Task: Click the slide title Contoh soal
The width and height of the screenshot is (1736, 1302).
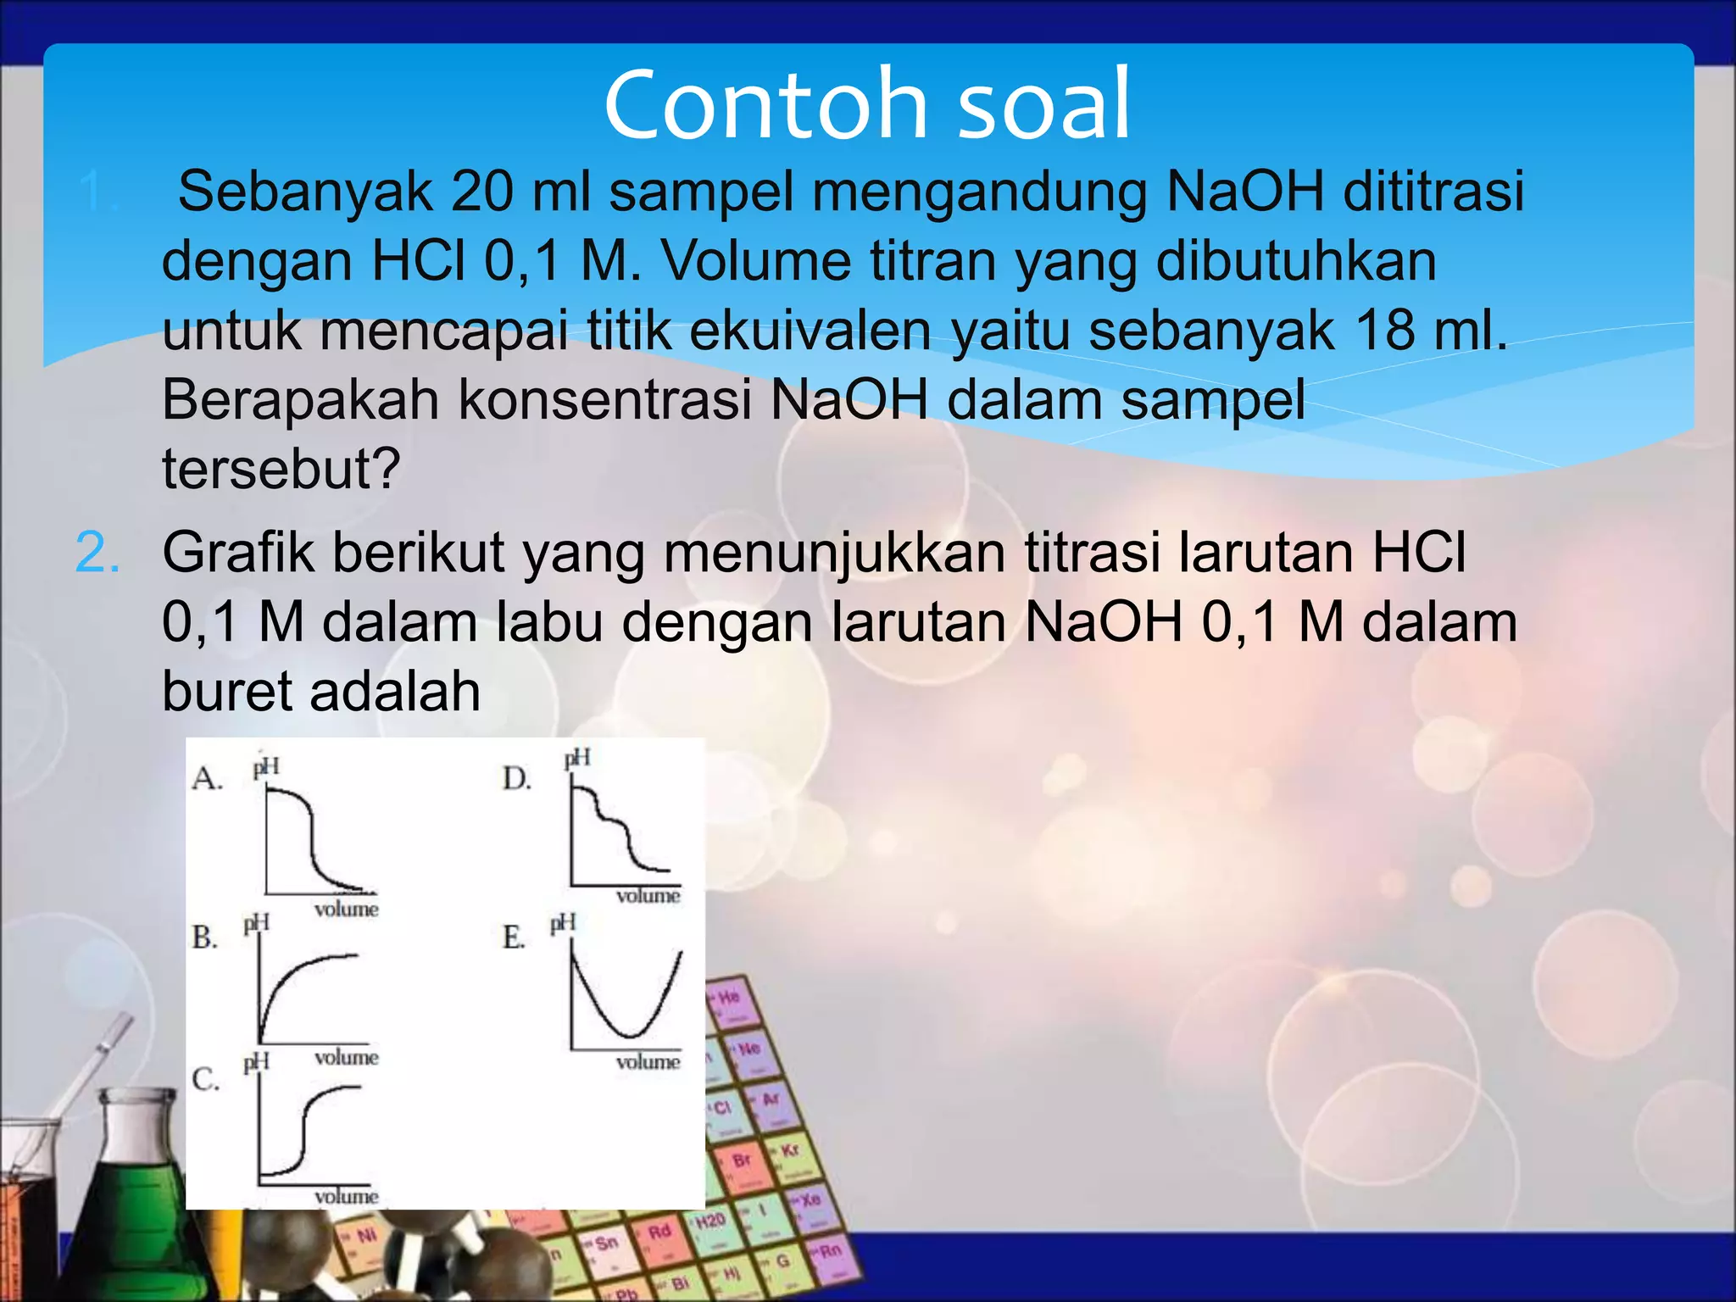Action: pos(867,105)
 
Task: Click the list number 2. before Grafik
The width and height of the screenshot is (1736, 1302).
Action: pos(97,553)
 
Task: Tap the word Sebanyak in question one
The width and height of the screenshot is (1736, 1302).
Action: pos(304,191)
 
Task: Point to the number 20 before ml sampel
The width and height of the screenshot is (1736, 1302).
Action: pos(481,191)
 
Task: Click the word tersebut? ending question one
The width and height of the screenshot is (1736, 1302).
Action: pos(281,469)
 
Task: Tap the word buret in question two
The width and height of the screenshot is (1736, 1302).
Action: pos(227,692)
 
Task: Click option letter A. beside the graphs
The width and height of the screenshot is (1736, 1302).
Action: pos(207,778)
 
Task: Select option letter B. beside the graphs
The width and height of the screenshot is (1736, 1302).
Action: pos(204,938)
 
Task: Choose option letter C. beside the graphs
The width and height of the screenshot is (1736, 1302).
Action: pos(205,1079)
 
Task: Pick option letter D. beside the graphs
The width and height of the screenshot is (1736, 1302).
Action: pos(516,778)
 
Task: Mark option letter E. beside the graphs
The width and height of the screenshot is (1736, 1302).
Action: pos(514,938)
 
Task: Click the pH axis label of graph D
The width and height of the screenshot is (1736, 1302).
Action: pos(577,758)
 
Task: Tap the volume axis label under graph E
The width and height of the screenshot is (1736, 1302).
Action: pos(648,1062)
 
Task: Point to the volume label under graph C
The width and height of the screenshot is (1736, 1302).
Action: pos(346,1196)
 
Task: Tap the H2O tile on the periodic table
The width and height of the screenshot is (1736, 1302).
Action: pos(709,1221)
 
